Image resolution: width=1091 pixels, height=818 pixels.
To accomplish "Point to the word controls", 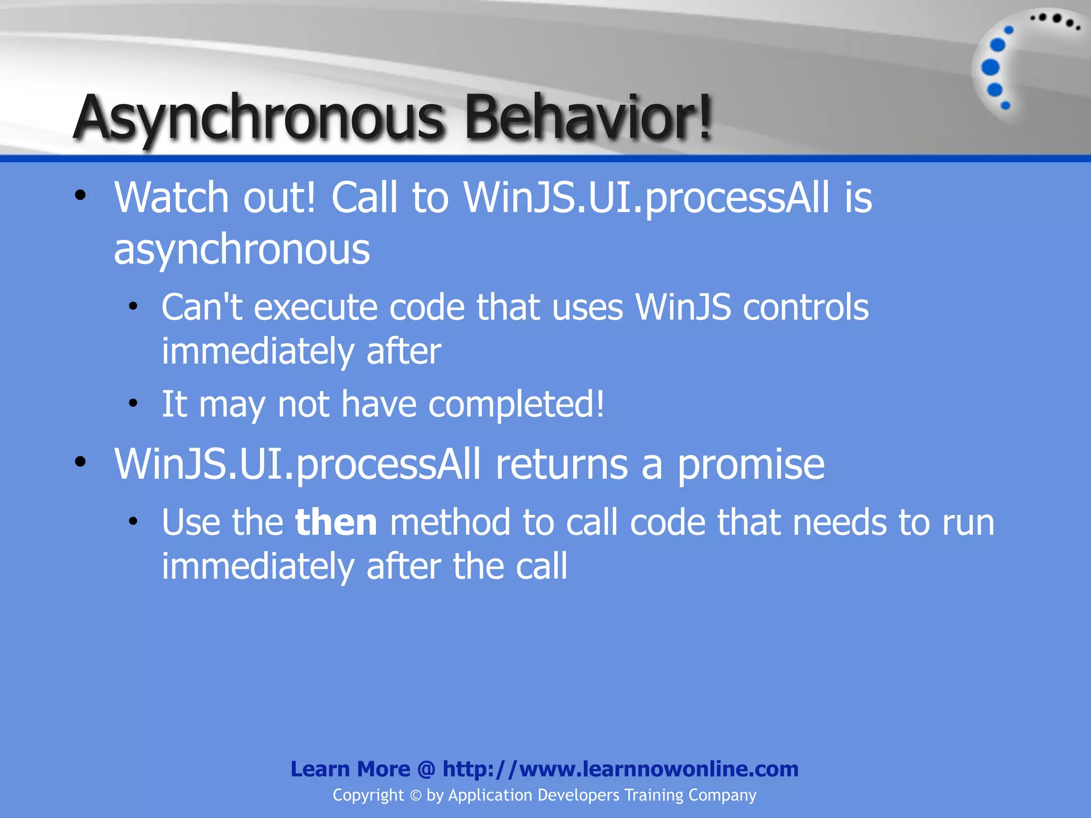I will tap(805, 308).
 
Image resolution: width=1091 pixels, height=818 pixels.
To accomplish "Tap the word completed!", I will tap(516, 405).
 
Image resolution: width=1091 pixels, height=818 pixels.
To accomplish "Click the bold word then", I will tap(336, 523).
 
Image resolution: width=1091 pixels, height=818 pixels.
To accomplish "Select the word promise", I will tap(751, 465).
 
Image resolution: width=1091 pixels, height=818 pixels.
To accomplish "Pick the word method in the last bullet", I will tap(450, 523).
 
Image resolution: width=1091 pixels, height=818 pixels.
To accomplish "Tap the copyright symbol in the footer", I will tap(416, 796).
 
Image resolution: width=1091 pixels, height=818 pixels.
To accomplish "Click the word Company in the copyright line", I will tap(722, 796).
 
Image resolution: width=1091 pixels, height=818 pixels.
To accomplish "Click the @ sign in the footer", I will tap(426, 770).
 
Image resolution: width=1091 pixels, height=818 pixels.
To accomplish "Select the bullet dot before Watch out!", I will tap(80, 195).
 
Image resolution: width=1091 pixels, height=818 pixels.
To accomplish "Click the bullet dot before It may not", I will tap(133, 403).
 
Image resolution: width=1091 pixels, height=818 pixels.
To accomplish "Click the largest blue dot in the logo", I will tap(990, 68).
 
